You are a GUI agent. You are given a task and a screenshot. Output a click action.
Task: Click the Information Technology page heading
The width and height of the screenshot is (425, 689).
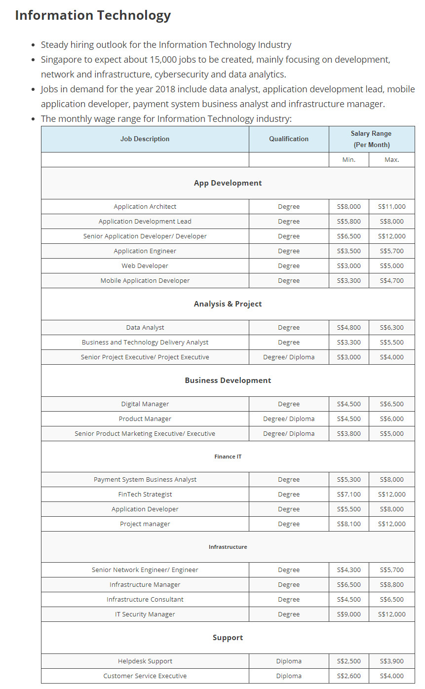[x=93, y=15]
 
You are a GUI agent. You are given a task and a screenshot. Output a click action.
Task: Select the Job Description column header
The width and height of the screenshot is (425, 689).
[x=145, y=139]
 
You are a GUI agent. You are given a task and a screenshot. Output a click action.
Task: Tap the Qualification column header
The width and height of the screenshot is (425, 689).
[x=289, y=139]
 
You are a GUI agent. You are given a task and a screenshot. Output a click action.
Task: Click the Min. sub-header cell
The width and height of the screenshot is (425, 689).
[x=348, y=160]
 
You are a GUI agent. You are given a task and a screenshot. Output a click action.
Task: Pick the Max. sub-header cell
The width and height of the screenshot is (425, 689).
[x=391, y=160]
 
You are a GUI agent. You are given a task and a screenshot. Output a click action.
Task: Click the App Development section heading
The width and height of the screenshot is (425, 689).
[x=228, y=183]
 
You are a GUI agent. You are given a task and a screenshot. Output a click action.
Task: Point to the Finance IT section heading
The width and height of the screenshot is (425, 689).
[x=228, y=457]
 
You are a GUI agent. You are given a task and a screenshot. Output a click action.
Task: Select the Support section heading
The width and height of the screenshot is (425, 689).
[x=228, y=638]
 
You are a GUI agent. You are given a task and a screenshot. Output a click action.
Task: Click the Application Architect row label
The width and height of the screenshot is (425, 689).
[x=145, y=207]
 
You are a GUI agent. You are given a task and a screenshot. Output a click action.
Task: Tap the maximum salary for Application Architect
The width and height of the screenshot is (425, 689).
[x=391, y=207]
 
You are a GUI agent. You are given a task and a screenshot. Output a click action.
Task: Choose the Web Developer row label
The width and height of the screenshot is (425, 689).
[x=145, y=266]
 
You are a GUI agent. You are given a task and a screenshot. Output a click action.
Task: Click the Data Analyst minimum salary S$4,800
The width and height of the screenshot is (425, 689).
[x=348, y=328]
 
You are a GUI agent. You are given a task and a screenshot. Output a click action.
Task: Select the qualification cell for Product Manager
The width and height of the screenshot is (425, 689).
[x=289, y=419]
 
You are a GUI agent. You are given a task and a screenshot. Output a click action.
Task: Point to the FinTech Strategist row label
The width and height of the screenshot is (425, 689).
[x=145, y=495]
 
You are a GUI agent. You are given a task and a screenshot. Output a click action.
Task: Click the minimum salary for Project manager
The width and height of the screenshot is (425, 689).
[x=348, y=524]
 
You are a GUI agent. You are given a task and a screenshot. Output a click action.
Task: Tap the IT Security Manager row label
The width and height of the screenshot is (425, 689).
[x=145, y=614]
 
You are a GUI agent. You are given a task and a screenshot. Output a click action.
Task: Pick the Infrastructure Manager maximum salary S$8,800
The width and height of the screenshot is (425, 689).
[x=391, y=585]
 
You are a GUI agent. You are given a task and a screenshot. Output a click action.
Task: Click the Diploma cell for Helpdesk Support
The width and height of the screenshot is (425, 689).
[x=289, y=661]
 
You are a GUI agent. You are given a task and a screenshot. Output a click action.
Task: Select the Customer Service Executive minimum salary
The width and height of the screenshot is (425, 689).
[x=348, y=676]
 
